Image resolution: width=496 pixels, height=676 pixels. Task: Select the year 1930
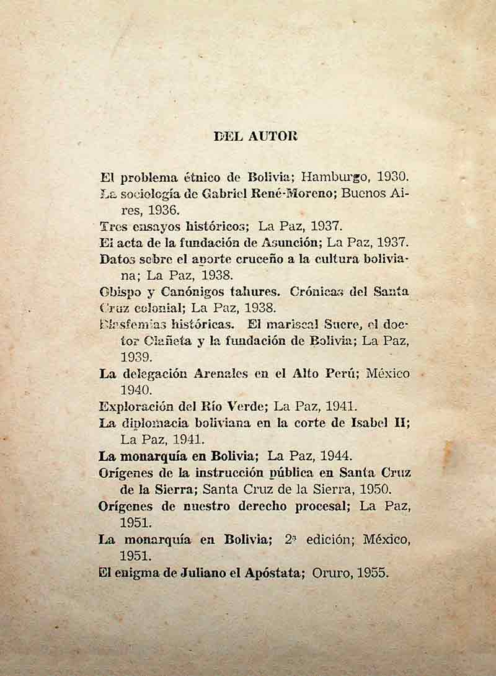pos(390,177)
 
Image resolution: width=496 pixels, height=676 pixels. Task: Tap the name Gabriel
pos(229,193)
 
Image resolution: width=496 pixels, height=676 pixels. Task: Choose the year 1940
pos(136,390)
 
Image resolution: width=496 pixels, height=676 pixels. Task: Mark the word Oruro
pos(330,572)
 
